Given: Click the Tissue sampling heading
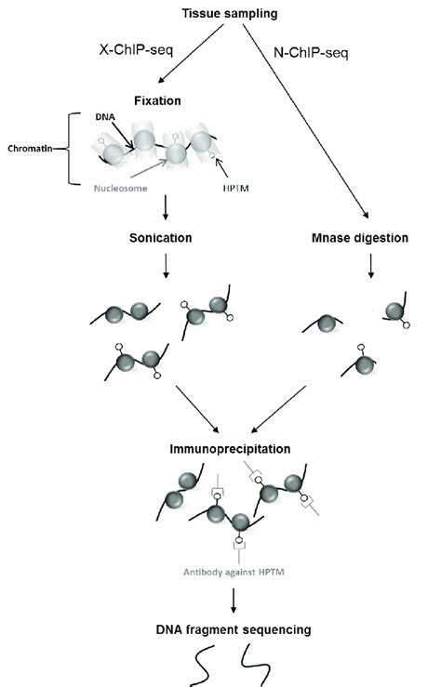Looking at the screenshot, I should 220,12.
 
